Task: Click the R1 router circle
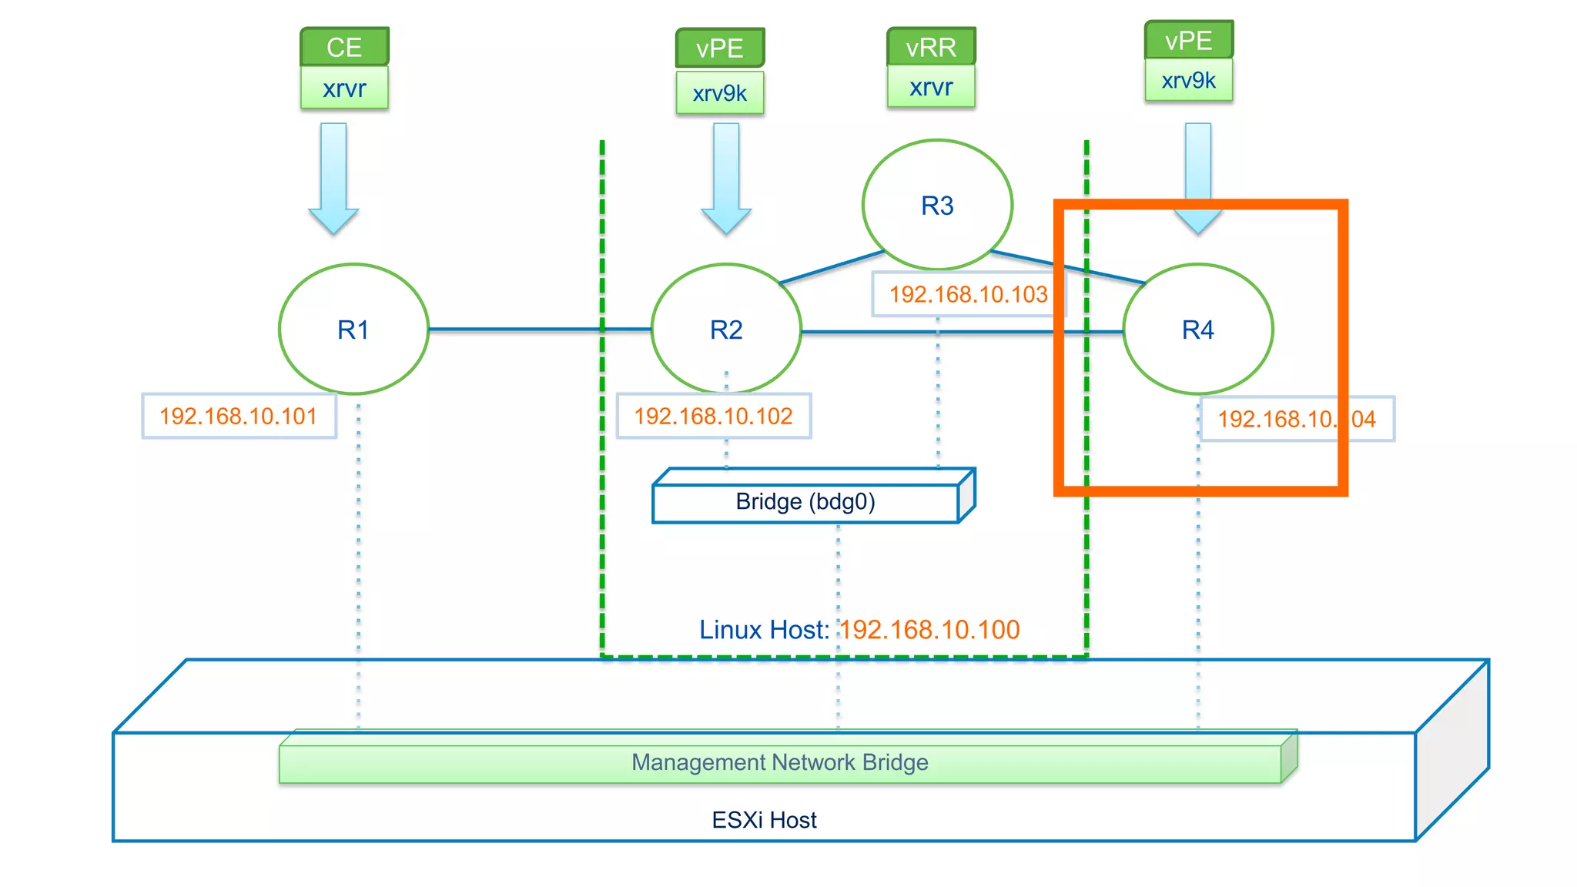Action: [x=353, y=330]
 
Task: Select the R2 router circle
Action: [x=726, y=330]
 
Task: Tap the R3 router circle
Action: [x=937, y=206]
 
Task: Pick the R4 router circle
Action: [x=1197, y=330]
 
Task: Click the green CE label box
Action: [x=344, y=47]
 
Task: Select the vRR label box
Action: [x=931, y=47]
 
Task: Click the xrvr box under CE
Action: [x=344, y=89]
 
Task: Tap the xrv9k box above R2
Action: [x=720, y=93]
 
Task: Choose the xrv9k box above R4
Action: [x=1188, y=80]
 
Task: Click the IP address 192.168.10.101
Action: [x=239, y=417]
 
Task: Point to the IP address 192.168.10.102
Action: [x=713, y=417]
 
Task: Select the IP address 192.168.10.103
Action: [x=968, y=294]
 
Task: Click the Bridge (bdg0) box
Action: [x=805, y=502]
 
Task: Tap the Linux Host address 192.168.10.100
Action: [x=929, y=630]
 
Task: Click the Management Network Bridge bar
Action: [x=779, y=762]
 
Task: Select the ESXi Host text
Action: [x=764, y=820]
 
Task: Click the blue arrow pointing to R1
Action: [x=333, y=177]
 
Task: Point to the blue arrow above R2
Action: [x=726, y=177]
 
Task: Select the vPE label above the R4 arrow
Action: [x=1188, y=40]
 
